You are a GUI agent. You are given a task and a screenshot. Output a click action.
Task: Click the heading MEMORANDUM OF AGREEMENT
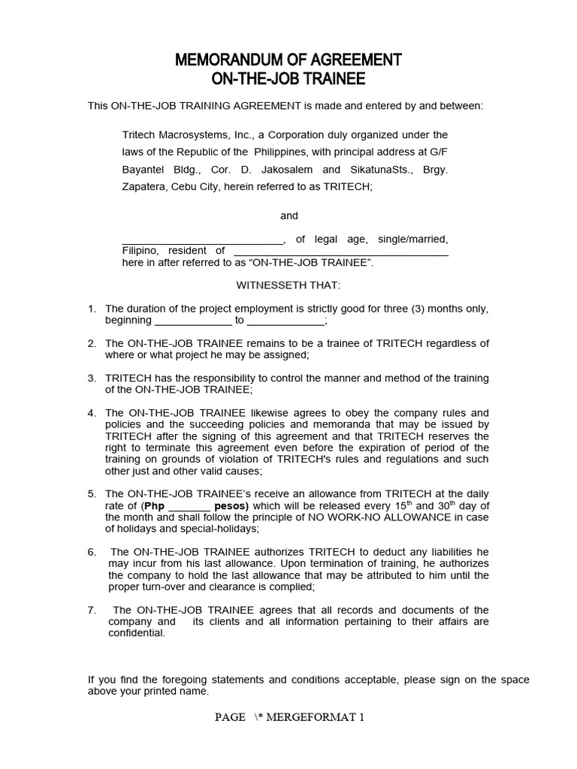288,60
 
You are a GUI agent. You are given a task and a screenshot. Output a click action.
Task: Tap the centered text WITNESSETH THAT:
288,285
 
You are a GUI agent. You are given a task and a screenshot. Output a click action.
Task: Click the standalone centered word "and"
289,216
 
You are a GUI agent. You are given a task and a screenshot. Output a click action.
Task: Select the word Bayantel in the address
143,169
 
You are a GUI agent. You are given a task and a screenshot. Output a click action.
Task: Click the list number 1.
92,309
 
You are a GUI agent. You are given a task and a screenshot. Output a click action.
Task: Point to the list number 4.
92,413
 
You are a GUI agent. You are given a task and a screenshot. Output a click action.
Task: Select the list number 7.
92,611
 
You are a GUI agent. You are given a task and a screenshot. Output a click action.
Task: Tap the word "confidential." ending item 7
136,633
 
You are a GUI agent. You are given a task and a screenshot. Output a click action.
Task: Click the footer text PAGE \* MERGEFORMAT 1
289,717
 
